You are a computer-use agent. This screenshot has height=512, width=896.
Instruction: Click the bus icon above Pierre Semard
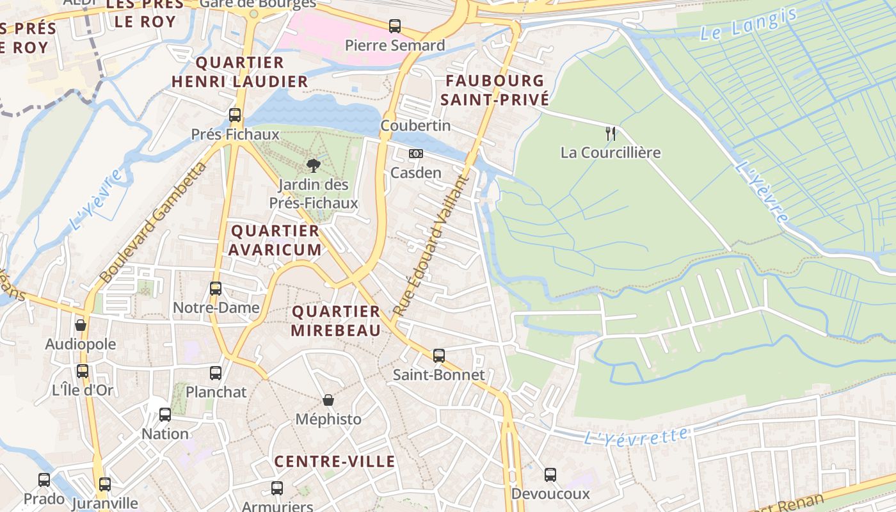click(x=395, y=26)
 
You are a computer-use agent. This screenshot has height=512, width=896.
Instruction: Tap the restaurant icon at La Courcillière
click(x=611, y=134)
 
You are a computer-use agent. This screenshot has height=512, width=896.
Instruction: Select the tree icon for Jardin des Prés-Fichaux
click(x=313, y=166)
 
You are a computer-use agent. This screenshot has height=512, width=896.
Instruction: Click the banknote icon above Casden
click(x=416, y=154)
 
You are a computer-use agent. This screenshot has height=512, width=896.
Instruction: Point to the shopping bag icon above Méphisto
click(x=328, y=400)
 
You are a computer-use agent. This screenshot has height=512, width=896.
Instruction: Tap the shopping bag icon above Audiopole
click(x=81, y=325)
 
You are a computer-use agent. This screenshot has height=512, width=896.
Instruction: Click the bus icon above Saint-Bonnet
click(x=438, y=355)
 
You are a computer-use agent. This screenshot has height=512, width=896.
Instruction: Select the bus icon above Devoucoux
click(x=550, y=475)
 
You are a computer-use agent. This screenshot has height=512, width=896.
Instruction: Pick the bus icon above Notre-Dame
click(x=216, y=289)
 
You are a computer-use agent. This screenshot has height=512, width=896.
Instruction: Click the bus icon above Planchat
click(x=216, y=372)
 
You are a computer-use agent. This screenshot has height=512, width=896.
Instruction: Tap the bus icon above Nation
click(x=165, y=415)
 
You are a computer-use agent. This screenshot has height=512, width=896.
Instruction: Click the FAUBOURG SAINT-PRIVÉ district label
click(x=494, y=90)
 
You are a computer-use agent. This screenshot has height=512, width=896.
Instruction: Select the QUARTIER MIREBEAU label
click(x=336, y=321)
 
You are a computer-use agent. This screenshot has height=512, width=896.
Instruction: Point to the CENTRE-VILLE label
click(x=335, y=461)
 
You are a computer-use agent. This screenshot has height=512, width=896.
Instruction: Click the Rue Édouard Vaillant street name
click(x=431, y=245)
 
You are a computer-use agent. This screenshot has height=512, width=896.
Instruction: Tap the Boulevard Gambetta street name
click(x=153, y=223)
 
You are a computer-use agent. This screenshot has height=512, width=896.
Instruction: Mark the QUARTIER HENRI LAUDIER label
click(x=240, y=72)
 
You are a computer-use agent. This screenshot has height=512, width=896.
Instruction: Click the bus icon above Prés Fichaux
click(x=235, y=115)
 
